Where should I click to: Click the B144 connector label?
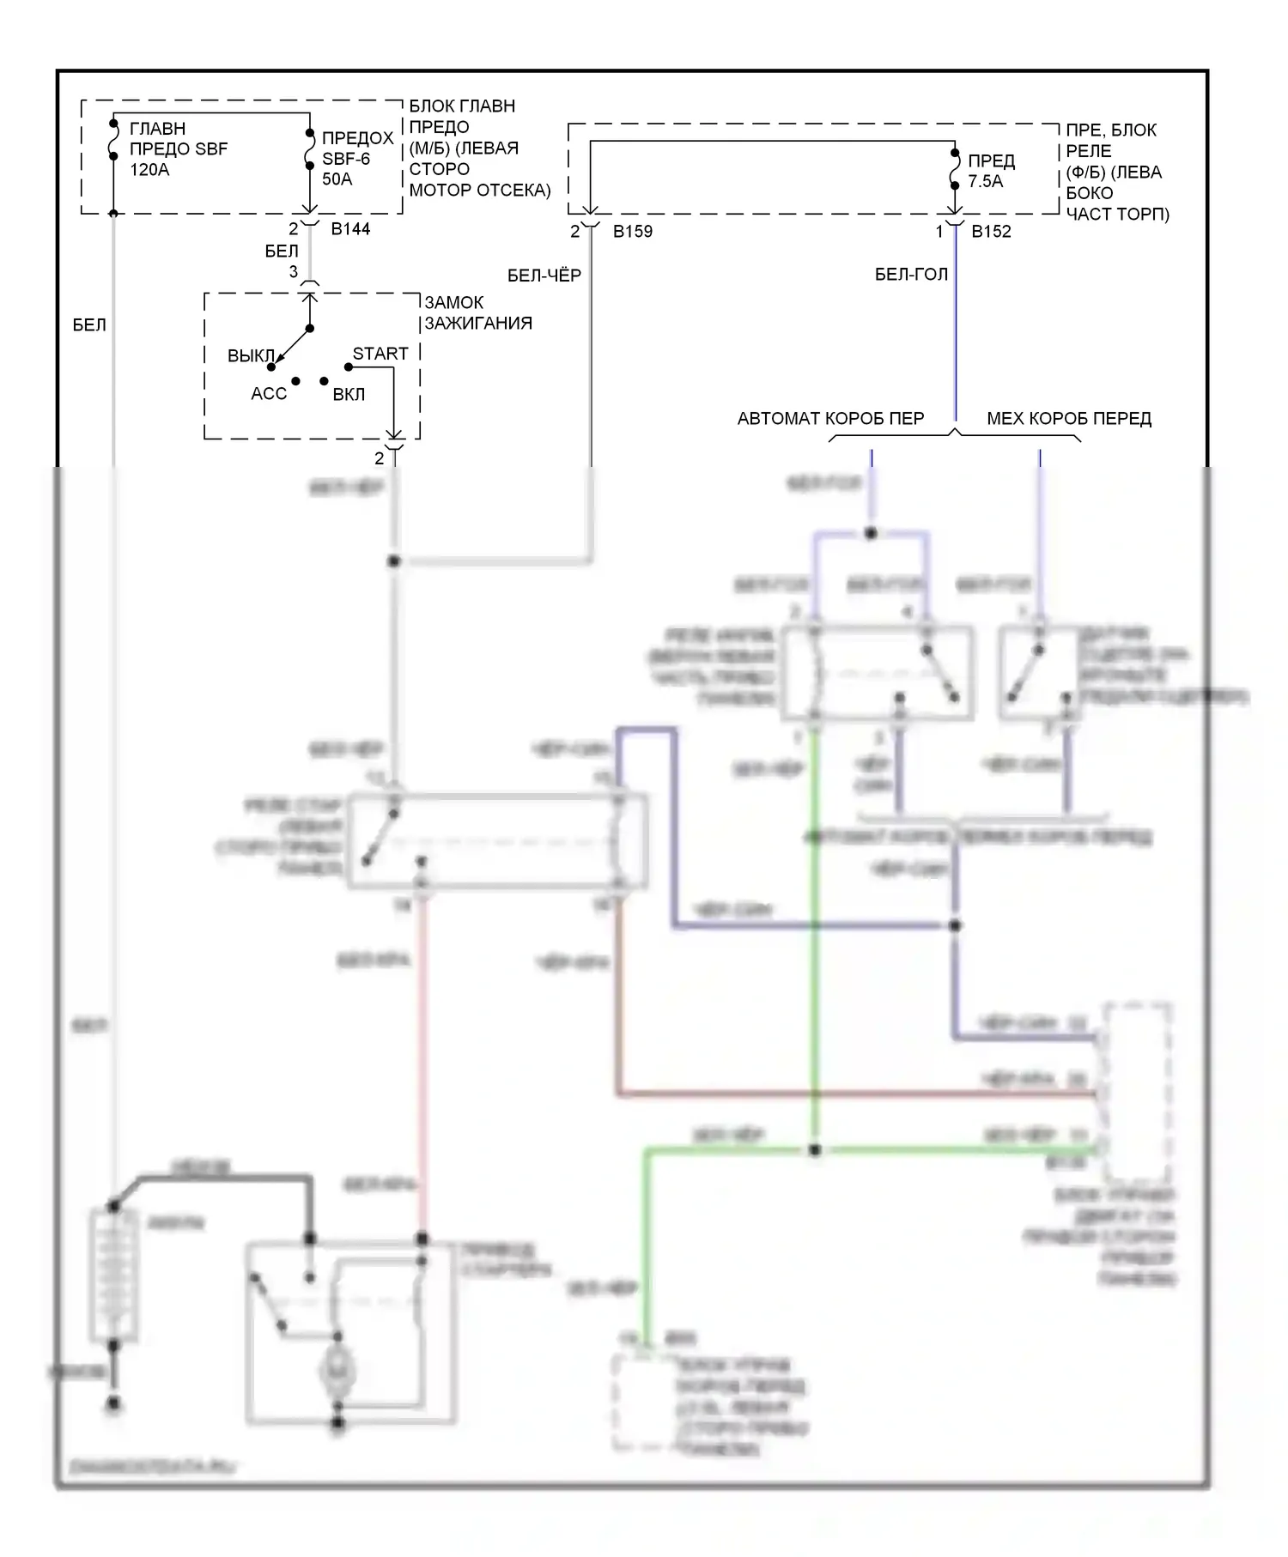click(x=350, y=229)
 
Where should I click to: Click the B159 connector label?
click(x=633, y=232)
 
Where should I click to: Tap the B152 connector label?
click(x=991, y=232)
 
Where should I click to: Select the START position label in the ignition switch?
click(x=380, y=354)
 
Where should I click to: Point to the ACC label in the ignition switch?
click(x=269, y=394)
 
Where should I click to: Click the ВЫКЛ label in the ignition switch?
click(x=250, y=356)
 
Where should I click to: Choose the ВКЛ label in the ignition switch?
click(x=349, y=395)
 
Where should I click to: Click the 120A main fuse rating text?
click(x=149, y=170)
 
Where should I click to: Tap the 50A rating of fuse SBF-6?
click(x=337, y=179)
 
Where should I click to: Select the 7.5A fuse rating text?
click(x=985, y=182)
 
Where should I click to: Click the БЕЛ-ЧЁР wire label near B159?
click(x=544, y=276)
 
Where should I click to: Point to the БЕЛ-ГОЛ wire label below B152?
click(x=910, y=275)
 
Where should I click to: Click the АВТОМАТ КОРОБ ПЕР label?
click(x=830, y=419)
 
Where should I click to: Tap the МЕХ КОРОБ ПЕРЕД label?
click(x=1068, y=419)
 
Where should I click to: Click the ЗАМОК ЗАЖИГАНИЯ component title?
click(x=477, y=313)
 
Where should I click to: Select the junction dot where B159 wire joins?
click(x=394, y=561)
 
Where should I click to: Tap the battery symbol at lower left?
click(x=113, y=1274)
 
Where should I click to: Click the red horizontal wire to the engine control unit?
click(x=859, y=1094)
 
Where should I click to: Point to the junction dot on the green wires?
click(x=815, y=1150)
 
